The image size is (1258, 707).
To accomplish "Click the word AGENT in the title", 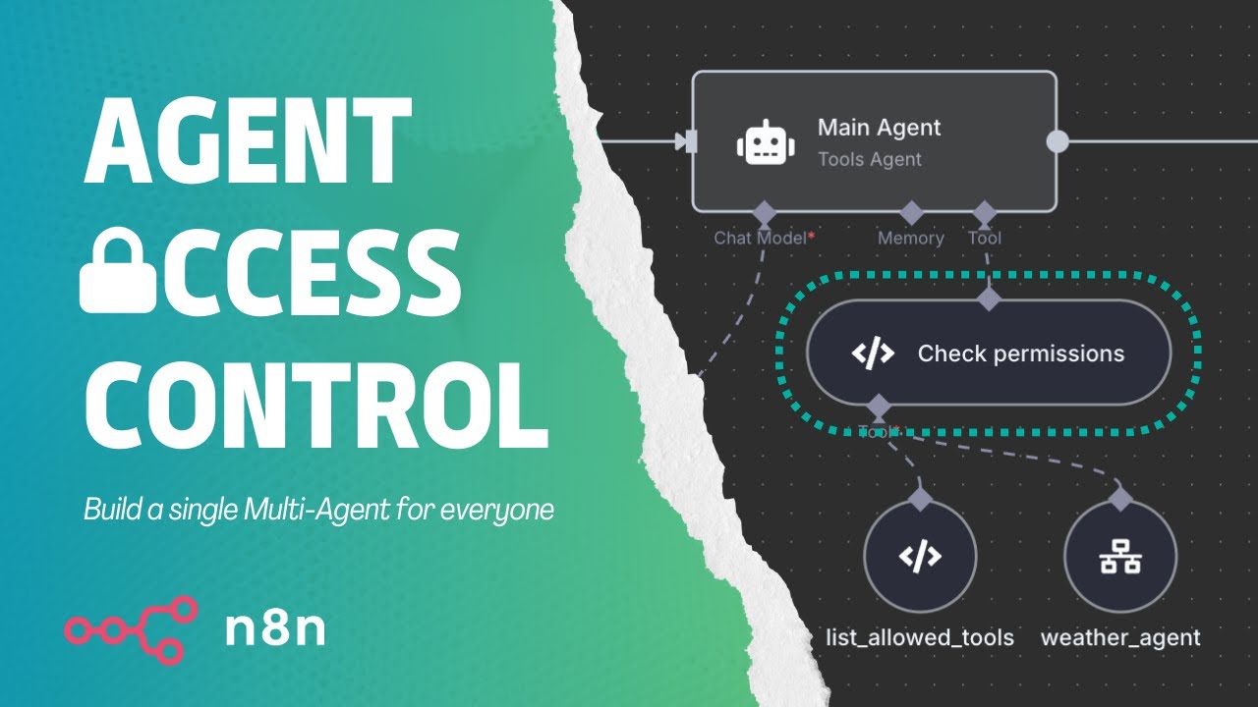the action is (248, 140).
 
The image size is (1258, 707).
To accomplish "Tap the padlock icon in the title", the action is (118, 270).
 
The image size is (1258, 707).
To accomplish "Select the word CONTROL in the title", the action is (316, 405).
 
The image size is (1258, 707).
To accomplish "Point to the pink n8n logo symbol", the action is (132, 630).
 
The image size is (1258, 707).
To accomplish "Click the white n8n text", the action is (275, 629).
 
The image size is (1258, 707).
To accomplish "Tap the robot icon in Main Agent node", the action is (766, 142).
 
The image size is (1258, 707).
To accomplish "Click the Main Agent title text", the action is (879, 128).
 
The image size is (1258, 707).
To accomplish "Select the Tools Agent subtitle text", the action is (870, 159).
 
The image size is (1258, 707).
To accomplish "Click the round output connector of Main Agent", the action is (1058, 140).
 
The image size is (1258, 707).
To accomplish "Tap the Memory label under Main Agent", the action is (910, 238).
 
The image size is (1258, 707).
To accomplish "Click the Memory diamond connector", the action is (911, 213).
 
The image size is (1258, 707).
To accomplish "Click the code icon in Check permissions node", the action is (873, 353).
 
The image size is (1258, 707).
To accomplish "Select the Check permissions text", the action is (1021, 353).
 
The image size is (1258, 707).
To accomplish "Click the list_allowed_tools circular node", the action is (920, 556).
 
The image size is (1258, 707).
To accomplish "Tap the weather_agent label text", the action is (1120, 638).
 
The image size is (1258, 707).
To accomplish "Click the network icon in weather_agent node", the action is (1120, 556).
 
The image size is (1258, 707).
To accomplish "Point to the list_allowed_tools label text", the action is (920, 638).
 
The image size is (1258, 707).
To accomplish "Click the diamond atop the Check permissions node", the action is (989, 299).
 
